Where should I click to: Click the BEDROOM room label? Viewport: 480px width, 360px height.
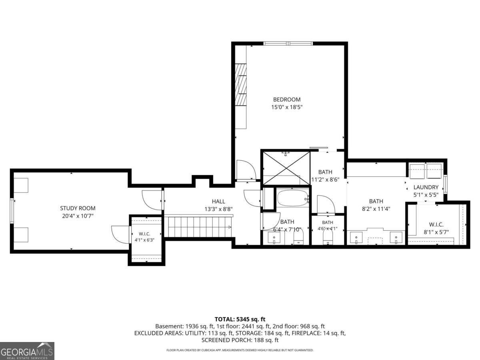[286, 100]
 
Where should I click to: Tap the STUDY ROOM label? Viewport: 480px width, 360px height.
[78, 208]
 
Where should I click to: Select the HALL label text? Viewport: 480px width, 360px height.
[218, 201]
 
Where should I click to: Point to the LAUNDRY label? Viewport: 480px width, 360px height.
[426, 187]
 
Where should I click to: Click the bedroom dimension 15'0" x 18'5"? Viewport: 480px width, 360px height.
[286, 107]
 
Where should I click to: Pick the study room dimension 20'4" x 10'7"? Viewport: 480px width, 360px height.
[78, 216]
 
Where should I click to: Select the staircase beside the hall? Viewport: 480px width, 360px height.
[198, 226]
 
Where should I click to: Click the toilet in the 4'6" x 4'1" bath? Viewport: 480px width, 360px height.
[327, 237]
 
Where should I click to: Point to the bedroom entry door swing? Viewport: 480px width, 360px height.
[246, 170]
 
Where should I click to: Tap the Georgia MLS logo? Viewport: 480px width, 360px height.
[27, 351]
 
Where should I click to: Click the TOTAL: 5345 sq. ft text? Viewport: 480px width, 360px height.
[240, 319]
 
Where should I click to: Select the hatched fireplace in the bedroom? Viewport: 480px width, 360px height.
[240, 84]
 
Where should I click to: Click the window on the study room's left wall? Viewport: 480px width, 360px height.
[12, 211]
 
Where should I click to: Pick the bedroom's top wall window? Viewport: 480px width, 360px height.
[288, 44]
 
